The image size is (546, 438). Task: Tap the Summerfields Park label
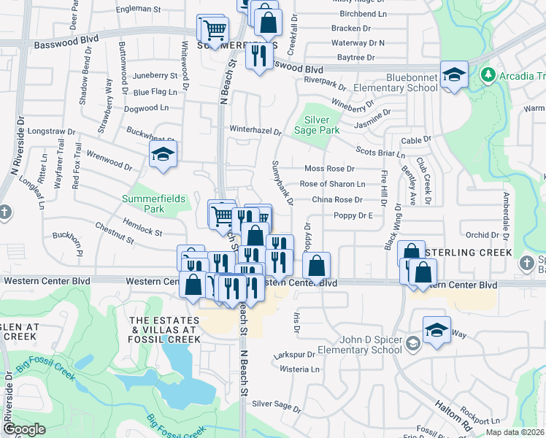point(154,204)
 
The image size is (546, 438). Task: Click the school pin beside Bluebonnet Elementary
point(453,76)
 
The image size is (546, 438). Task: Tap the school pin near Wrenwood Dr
point(163,155)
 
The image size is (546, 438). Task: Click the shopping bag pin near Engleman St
point(268,23)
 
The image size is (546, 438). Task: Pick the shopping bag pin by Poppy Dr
point(316,266)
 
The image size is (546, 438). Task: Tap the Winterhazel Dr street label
point(255,130)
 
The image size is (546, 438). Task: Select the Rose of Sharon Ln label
point(332,184)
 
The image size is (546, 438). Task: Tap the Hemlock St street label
point(142,231)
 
